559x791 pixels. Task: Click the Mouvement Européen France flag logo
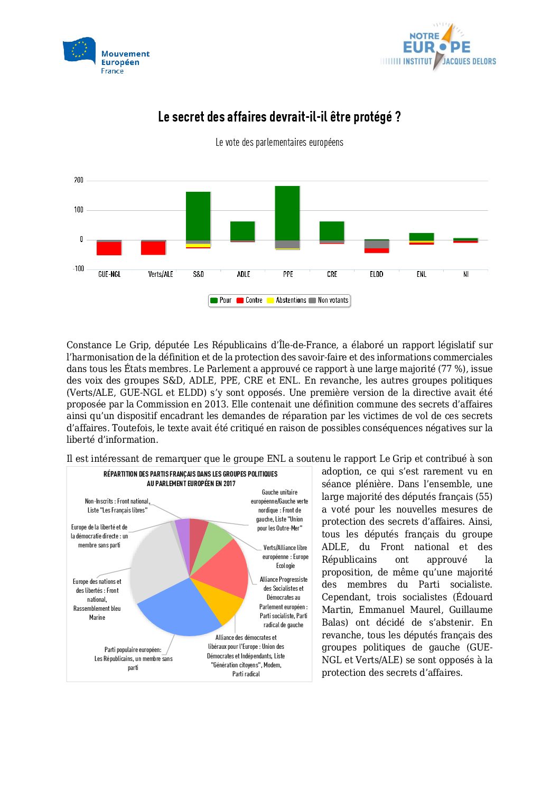(x=79, y=50)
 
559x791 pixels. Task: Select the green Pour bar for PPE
(x=287, y=212)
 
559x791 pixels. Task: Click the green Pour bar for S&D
(x=198, y=216)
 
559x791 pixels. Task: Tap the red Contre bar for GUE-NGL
(x=109, y=248)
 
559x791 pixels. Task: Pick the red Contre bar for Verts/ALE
(x=153, y=248)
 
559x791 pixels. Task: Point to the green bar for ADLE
(x=243, y=230)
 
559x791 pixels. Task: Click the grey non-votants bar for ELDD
(x=377, y=244)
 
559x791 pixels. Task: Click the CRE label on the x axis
(x=332, y=274)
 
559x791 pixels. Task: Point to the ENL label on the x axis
(x=421, y=274)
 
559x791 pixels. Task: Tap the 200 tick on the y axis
(x=79, y=180)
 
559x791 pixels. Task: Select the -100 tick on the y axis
(x=78, y=268)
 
